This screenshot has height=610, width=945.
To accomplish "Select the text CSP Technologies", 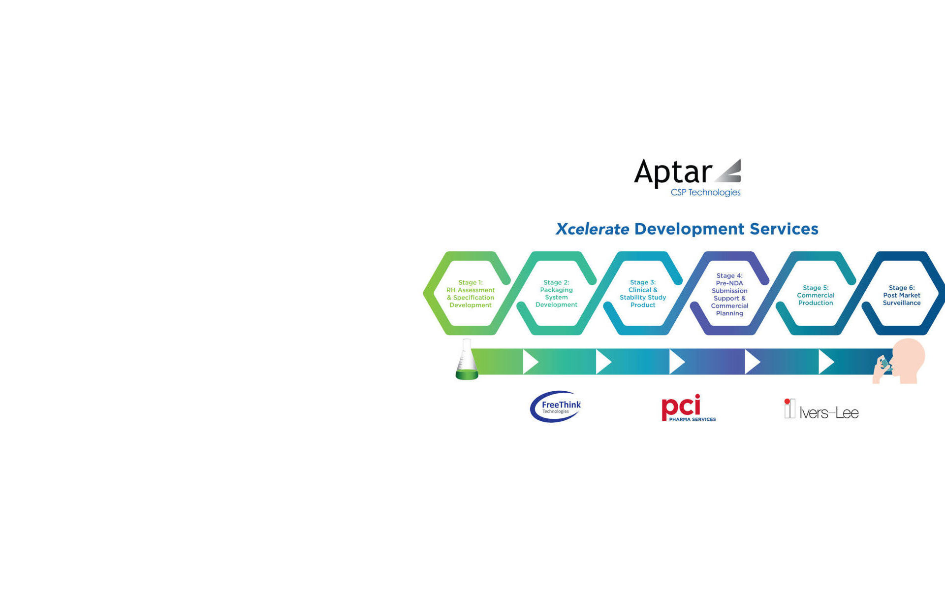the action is pyautogui.click(x=705, y=192).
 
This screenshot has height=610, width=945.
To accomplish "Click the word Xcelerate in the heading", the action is pyautogui.click(x=592, y=229).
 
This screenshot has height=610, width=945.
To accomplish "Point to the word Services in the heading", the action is pyautogui.click(x=784, y=229).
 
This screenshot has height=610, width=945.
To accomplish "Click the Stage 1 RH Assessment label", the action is pyautogui.click(x=471, y=294).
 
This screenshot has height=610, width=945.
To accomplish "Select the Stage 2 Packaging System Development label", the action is pyautogui.click(x=556, y=294).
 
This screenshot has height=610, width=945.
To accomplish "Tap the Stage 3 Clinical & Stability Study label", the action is pyautogui.click(x=643, y=294).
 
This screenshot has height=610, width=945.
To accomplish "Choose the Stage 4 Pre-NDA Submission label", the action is pyautogui.click(x=729, y=294).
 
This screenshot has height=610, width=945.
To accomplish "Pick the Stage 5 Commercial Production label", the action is pyautogui.click(x=816, y=295).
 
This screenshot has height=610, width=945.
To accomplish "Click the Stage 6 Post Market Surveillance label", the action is pyautogui.click(x=902, y=295).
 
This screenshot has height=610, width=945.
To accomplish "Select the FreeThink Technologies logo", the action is pyautogui.click(x=556, y=407).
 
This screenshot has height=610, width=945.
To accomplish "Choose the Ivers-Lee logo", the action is pyautogui.click(x=821, y=409).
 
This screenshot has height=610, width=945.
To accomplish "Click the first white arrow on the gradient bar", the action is pyautogui.click(x=530, y=362).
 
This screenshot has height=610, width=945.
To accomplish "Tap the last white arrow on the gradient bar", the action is pyautogui.click(x=826, y=362).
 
